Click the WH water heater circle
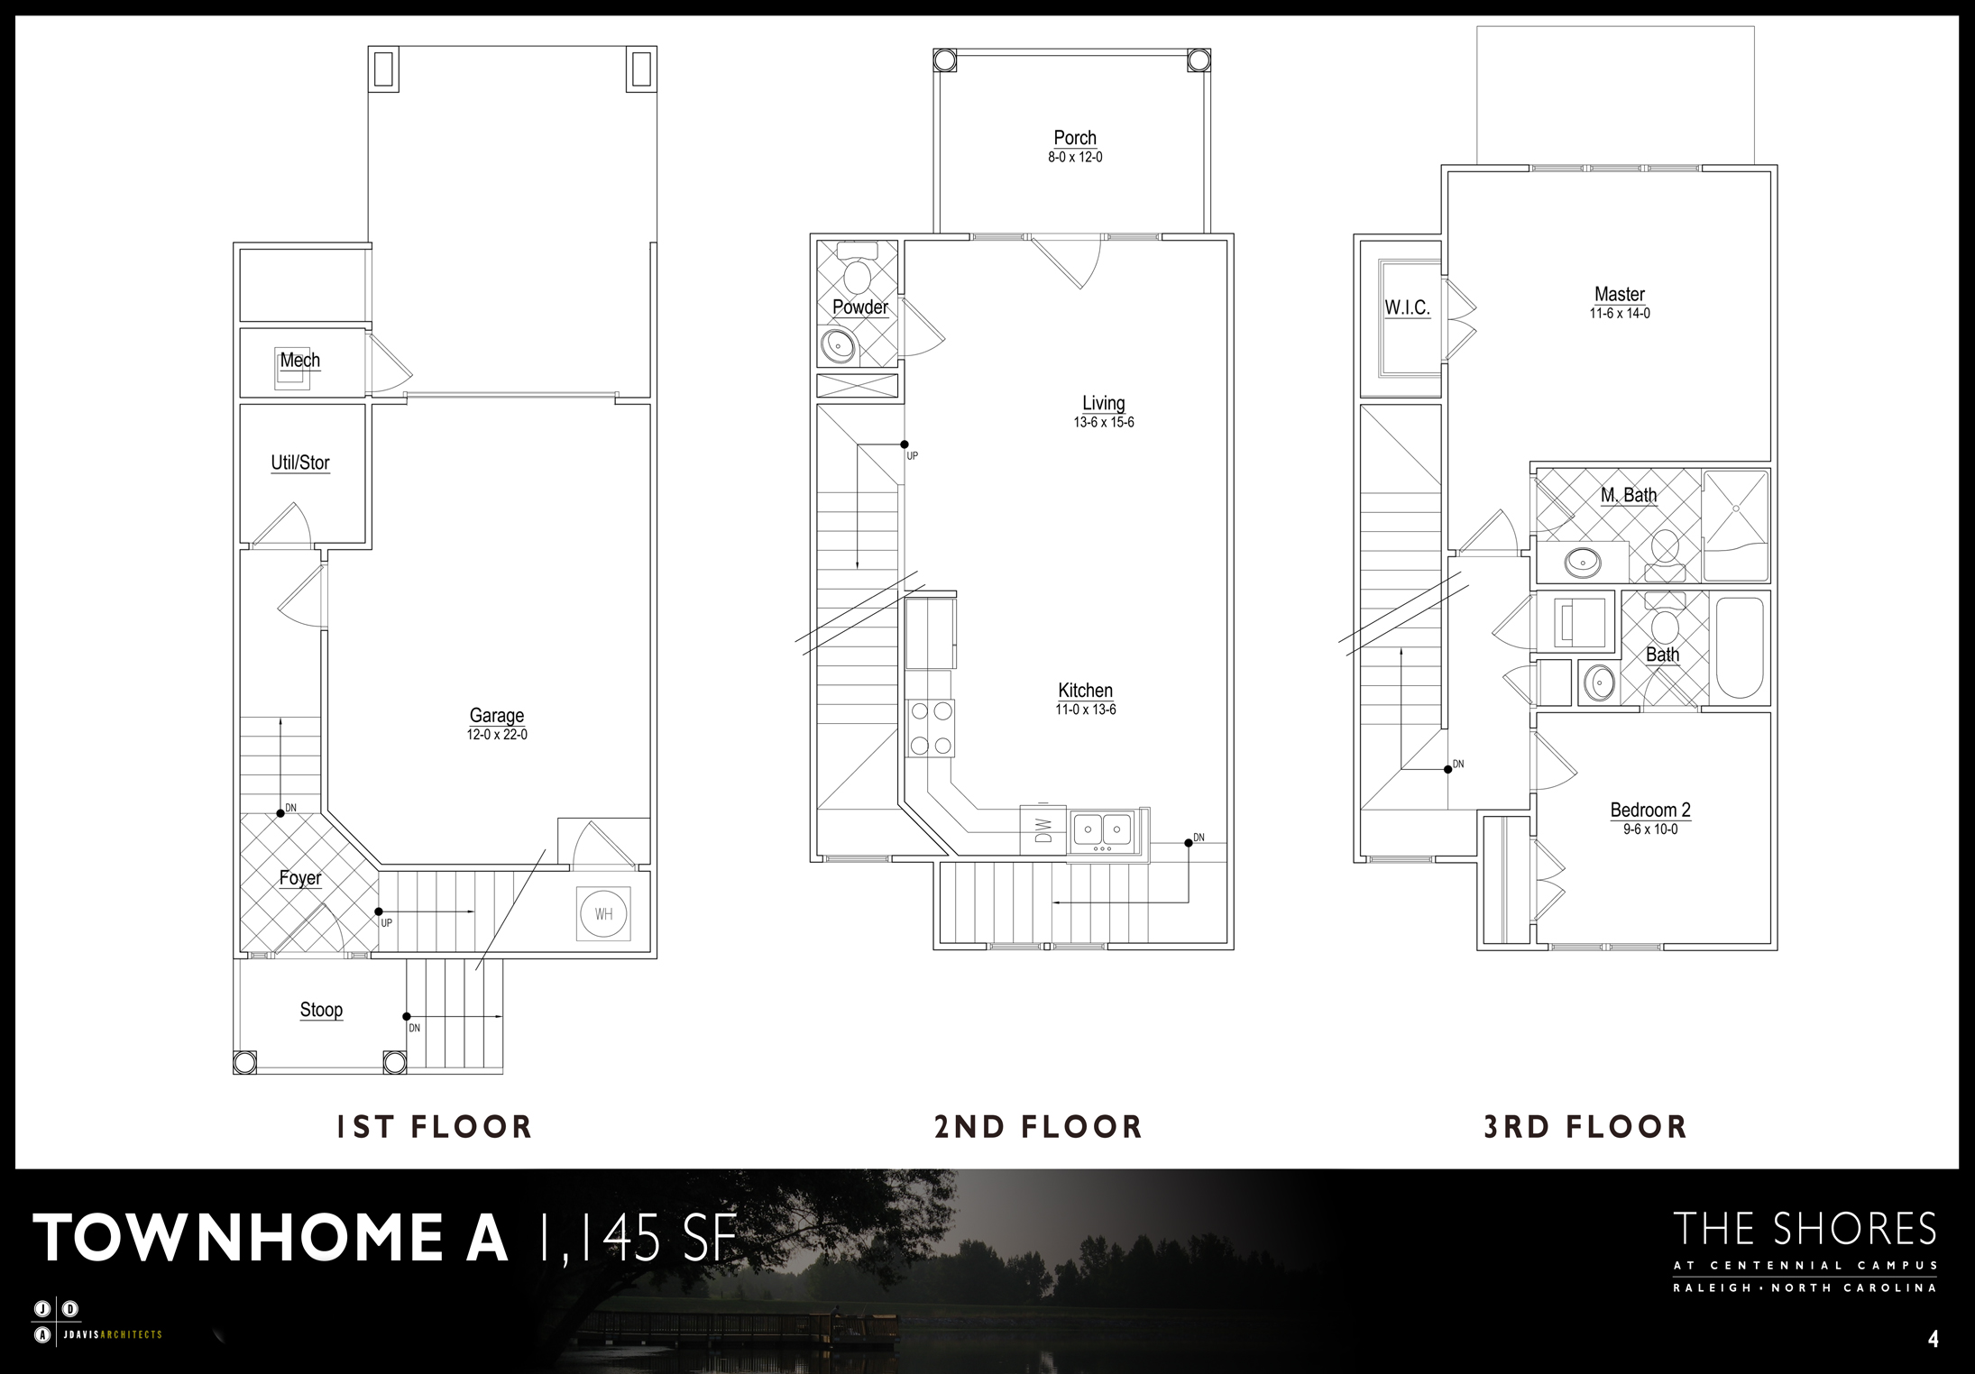pos(603,914)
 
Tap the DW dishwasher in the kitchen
pos(1043,828)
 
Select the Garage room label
pos(497,716)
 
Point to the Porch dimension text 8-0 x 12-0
pos(1075,157)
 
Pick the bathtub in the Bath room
pos(1740,648)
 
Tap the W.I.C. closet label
pos(1408,307)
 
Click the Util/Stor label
pos(300,463)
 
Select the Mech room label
pos(299,361)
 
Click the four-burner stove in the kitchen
pos(932,728)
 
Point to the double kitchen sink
pos(1104,830)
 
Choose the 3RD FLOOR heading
pos(1585,1127)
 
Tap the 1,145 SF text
pos(635,1237)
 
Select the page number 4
pos(1933,1340)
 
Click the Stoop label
pos(322,1010)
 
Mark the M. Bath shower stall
pos(1735,525)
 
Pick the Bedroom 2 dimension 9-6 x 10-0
pos(1650,829)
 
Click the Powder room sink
pos(840,344)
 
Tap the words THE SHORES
pos(1805,1231)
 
